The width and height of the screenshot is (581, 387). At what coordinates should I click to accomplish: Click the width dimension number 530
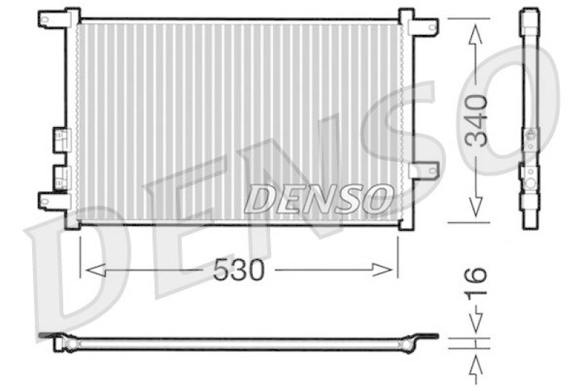[238, 271]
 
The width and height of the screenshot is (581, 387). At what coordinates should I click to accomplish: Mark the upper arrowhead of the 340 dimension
[476, 30]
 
